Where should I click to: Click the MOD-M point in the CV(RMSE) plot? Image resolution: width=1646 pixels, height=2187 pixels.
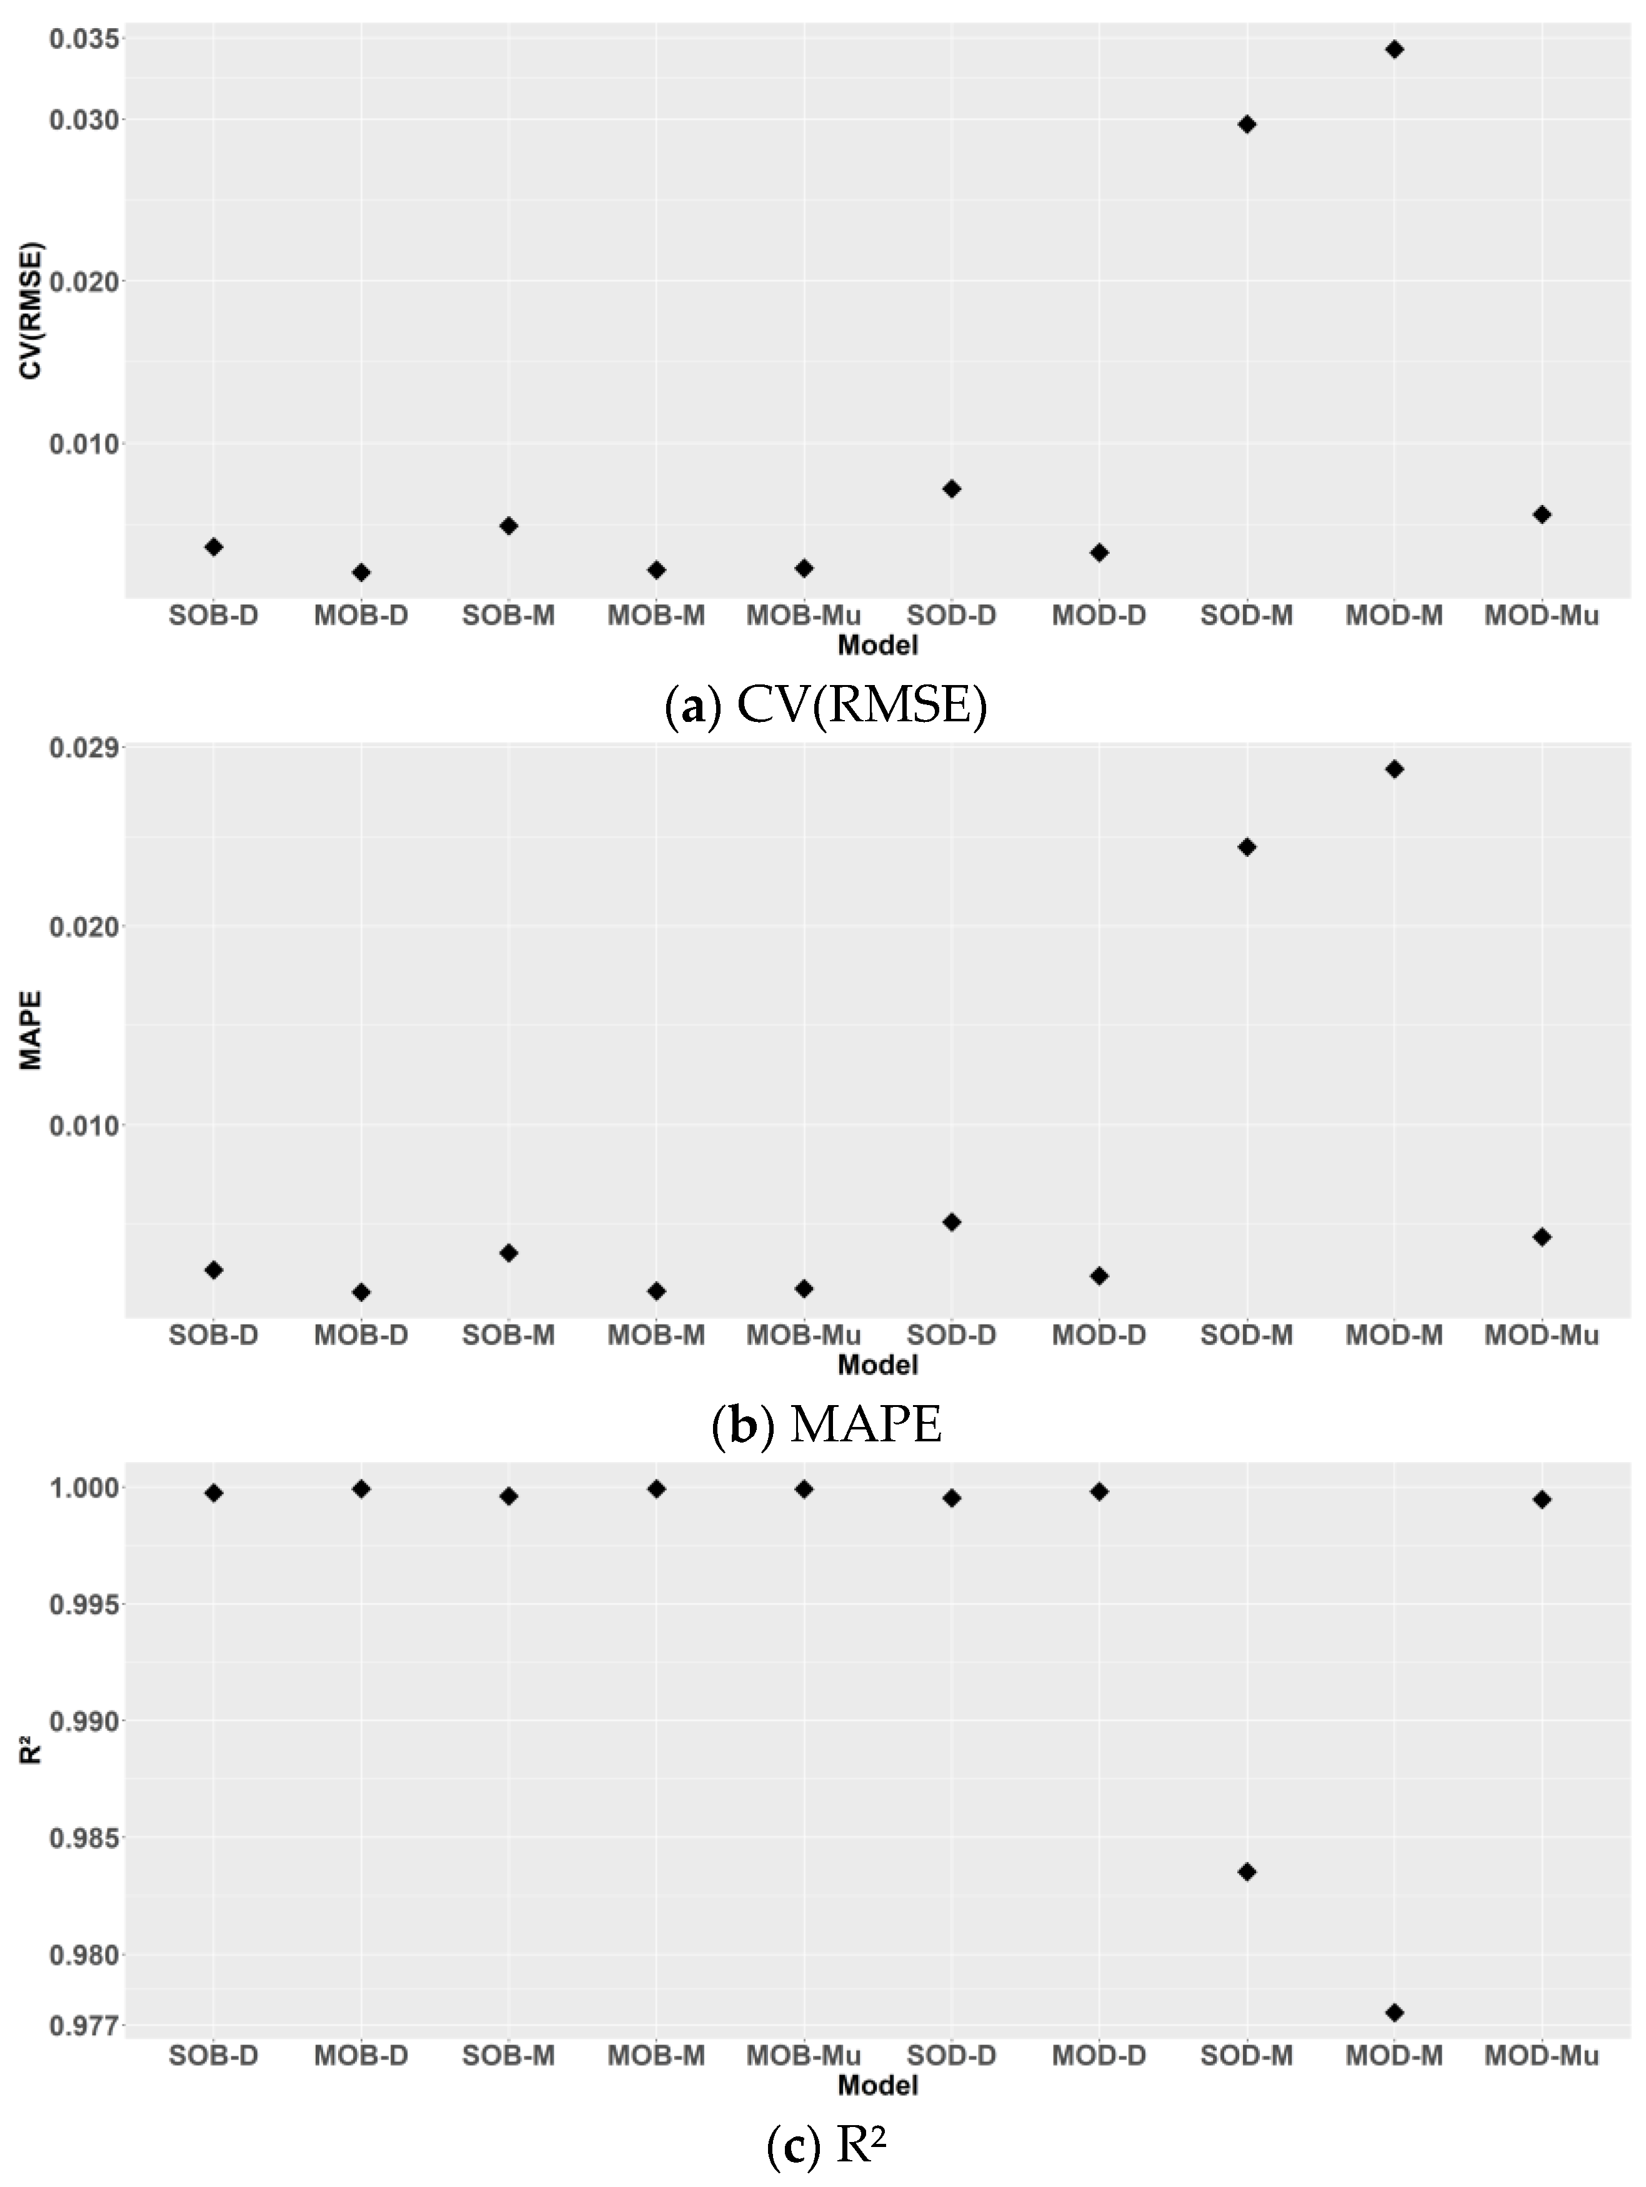coord(1394,49)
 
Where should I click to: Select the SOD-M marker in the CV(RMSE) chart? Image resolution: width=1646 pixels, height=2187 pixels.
coord(1247,124)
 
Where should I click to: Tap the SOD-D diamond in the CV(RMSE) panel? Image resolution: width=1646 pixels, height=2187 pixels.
coord(951,488)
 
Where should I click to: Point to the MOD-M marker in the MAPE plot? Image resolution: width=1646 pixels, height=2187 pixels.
coord(1394,769)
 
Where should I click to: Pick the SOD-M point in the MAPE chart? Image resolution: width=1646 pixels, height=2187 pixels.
coord(1247,848)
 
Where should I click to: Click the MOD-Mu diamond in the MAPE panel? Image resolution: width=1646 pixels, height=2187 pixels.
coord(1541,1237)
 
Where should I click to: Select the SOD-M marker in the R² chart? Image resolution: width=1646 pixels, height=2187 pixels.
coord(1247,1871)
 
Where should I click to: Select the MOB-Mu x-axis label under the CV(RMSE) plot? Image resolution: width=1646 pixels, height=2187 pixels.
coord(804,616)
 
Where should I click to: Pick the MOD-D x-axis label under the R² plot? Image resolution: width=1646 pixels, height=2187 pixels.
coord(1099,2056)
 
